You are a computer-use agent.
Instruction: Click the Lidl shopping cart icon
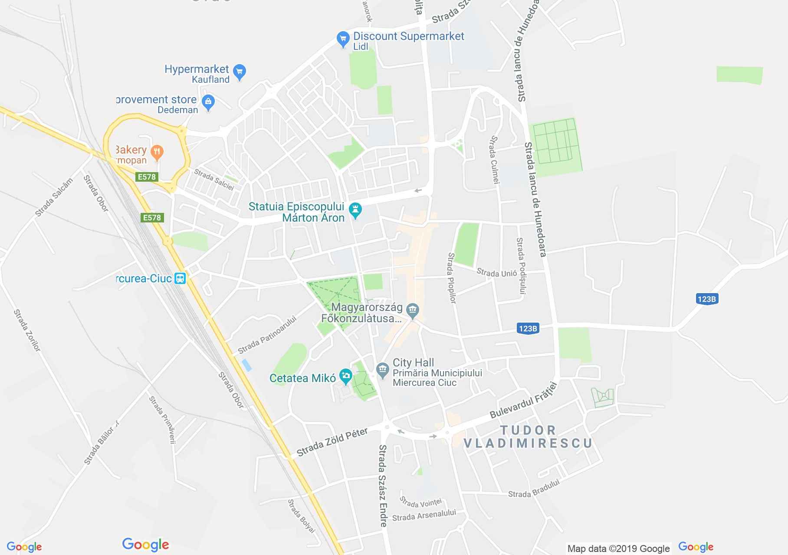coord(343,39)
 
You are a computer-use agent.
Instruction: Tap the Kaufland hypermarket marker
coord(240,71)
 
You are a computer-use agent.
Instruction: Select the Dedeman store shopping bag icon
coord(208,102)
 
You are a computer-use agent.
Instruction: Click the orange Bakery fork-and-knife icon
coord(157,152)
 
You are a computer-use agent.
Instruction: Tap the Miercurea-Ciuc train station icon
coord(180,278)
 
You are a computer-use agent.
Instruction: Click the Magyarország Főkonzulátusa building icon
coord(412,309)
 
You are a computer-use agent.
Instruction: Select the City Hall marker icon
coord(382,370)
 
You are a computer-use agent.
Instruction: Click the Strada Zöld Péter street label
coord(332,442)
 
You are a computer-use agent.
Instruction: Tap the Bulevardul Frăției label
coord(523,400)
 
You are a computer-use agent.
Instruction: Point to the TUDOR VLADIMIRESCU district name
coord(528,437)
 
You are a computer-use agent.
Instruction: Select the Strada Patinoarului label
coord(267,334)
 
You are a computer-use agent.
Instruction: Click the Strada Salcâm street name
coord(54,197)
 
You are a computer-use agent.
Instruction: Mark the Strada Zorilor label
coord(27,330)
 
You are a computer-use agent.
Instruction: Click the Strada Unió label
coord(497,273)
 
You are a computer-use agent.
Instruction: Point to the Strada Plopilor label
coord(452,278)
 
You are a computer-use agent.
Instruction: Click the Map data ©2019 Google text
coord(618,548)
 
